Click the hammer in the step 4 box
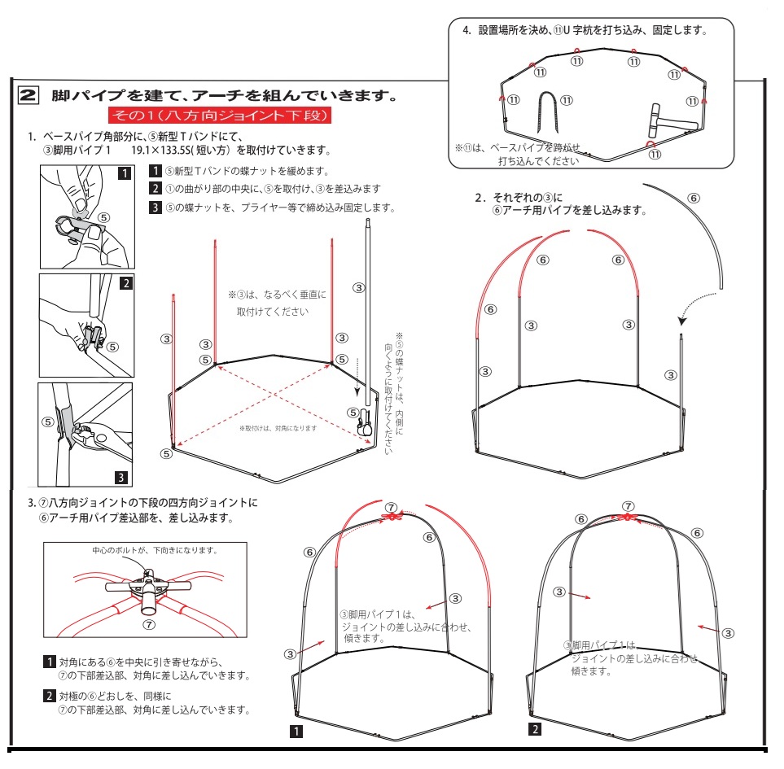click(668, 121)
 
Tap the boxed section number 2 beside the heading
click(28, 95)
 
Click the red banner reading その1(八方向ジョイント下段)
click(220, 116)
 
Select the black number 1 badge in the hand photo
click(125, 173)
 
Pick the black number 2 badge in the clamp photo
click(126, 283)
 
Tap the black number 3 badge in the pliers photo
click(121, 477)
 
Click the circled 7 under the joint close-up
click(149, 625)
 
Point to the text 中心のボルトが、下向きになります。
click(155, 550)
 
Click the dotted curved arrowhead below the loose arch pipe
click(682, 321)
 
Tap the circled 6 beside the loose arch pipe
click(694, 198)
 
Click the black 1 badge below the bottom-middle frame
click(296, 732)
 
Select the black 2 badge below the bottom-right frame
click(535, 729)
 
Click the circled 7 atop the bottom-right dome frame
click(628, 506)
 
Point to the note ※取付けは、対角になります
click(278, 428)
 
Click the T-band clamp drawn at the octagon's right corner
click(364, 422)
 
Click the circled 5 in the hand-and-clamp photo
click(103, 217)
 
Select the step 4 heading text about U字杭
click(585, 30)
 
